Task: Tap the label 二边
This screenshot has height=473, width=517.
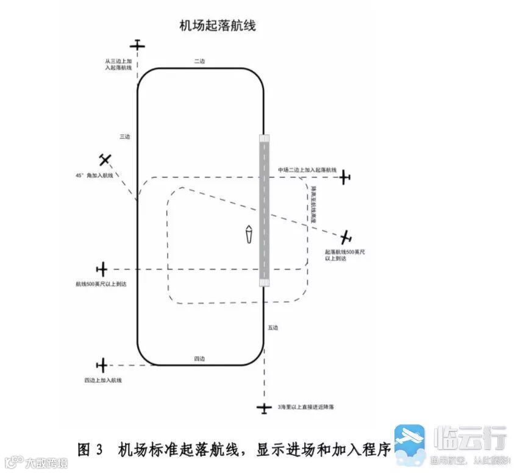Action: click(x=199, y=61)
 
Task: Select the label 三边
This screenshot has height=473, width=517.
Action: click(x=124, y=137)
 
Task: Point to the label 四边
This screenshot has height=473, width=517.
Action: click(x=199, y=358)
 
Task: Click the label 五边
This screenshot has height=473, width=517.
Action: click(x=273, y=328)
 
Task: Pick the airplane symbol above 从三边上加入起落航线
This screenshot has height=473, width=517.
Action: click(x=138, y=44)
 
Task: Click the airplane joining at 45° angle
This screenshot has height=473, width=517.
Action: click(x=106, y=160)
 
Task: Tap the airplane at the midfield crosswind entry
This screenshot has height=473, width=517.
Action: click(x=345, y=177)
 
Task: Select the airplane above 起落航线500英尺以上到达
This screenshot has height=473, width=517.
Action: click(x=347, y=237)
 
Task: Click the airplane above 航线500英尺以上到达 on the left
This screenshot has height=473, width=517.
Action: click(x=102, y=269)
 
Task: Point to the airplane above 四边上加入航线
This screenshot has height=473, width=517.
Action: click(x=102, y=366)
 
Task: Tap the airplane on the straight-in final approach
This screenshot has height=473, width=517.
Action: click(x=264, y=408)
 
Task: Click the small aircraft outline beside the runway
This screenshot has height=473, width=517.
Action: click(x=249, y=234)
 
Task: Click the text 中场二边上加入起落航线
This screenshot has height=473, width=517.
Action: click(x=307, y=169)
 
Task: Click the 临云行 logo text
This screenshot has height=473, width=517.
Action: click(x=469, y=437)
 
